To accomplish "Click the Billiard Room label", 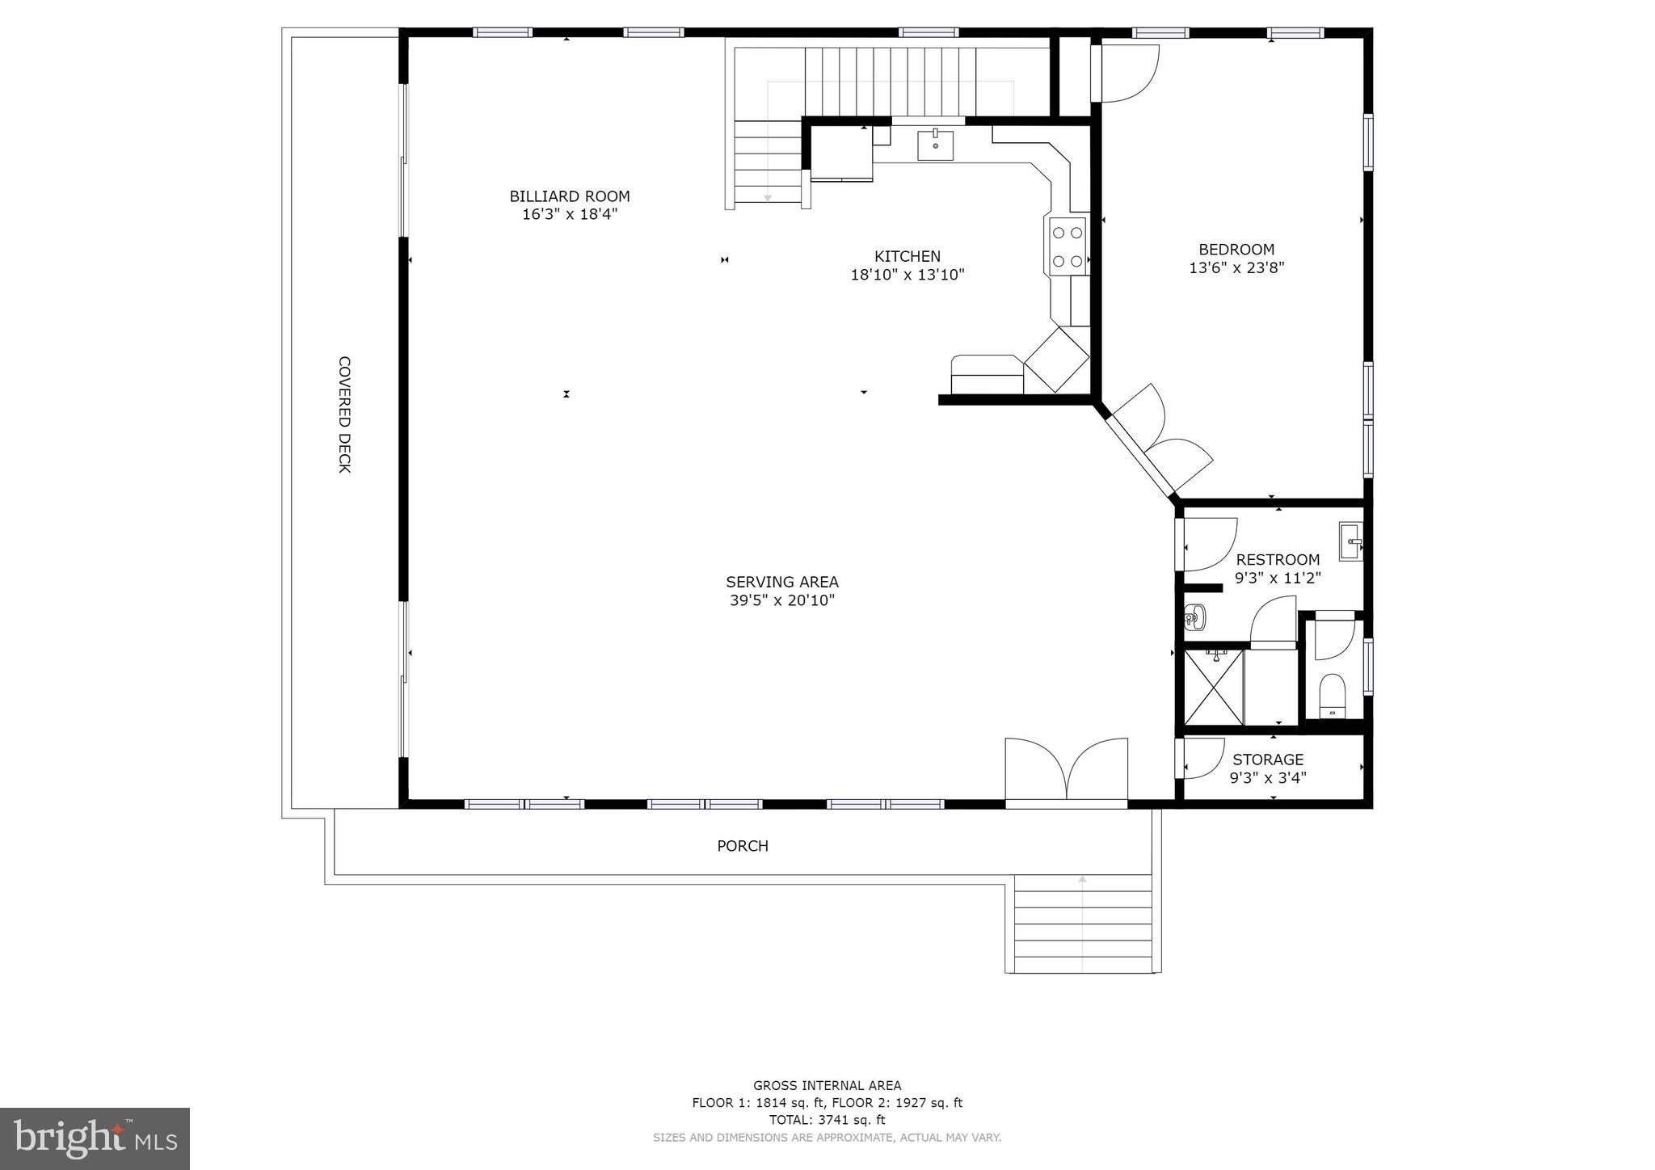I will [569, 196].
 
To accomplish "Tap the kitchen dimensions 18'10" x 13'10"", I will [907, 275].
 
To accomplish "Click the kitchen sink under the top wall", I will [935, 145].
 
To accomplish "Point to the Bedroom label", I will [1236, 250].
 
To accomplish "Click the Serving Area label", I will [781, 582].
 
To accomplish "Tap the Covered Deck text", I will [344, 415].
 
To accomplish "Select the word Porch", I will [742, 846].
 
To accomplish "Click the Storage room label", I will [1267, 760].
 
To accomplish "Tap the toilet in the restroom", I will [1332, 696].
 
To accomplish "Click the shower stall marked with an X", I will [1213, 687].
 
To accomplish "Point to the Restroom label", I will [1278, 559].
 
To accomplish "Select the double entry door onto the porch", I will [1066, 772].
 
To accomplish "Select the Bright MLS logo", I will [95, 1138].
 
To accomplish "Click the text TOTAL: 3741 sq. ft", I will [827, 1120].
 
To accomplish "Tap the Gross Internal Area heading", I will [827, 1086].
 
